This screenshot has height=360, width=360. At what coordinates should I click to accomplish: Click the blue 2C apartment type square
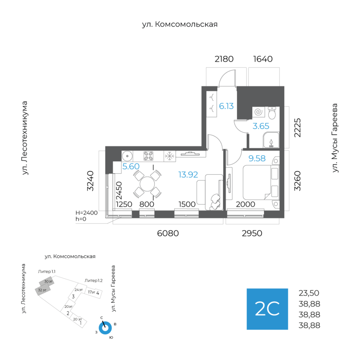pyautogui.click(x=267, y=309)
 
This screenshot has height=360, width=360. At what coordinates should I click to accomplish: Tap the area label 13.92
pyautogui.click(x=188, y=174)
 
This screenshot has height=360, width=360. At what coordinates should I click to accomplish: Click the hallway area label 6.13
pyautogui.click(x=226, y=106)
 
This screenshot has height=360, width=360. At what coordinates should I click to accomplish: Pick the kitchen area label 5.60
pyautogui.click(x=130, y=167)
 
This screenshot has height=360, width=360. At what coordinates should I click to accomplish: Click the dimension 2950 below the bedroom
pyautogui.click(x=252, y=233)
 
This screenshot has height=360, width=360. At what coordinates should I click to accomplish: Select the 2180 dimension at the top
pyautogui.click(x=224, y=59)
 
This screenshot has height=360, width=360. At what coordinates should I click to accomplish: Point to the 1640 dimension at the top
pyautogui.click(x=263, y=59)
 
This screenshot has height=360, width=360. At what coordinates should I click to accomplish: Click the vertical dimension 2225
pyautogui.click(x=296, y=128)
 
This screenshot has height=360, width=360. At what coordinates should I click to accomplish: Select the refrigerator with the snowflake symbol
pyautogui.click(x=170, y=156)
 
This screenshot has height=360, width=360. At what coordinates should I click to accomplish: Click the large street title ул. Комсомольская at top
pyautogui.click(x=180, y=24)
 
